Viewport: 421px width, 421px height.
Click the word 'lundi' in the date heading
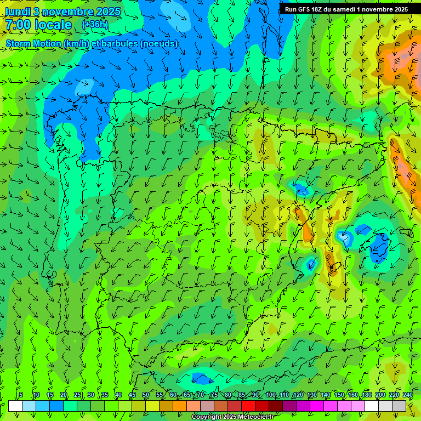(x=18, y=12)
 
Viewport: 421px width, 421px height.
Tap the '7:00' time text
(x=19, y=25)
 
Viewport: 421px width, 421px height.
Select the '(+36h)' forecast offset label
(x=95, y=25)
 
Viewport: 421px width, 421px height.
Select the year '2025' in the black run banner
(x=396, y=9)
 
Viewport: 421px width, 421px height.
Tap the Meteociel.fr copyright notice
(x=232, y=417)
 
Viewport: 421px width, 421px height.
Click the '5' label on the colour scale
(x=21, y=395)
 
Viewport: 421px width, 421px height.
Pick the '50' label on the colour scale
(x=145, y=395)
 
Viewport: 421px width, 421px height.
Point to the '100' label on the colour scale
(x=271, y=395)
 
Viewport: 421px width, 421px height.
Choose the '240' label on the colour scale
(x=408, y=395)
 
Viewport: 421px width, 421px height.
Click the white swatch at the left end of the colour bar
(x=15, y=406)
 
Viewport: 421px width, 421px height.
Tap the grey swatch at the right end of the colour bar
(x=399, y=406)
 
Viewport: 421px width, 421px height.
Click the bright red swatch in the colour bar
(x=248, y=406)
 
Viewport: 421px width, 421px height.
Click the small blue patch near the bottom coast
(x=201, y=378)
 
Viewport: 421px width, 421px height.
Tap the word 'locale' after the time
(x=54, y=25)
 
